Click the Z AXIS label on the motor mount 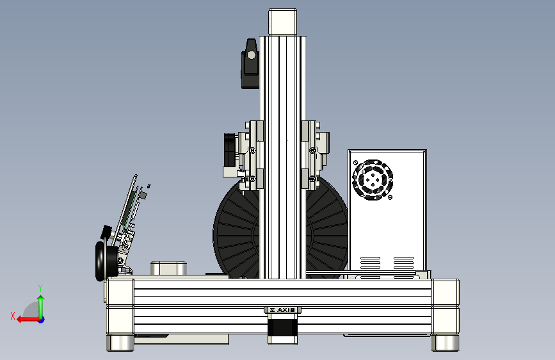(282, 310)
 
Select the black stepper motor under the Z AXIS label (282, 329)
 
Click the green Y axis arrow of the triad (41, 306)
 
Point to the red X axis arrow (28, 320)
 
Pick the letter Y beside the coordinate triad (40, 288)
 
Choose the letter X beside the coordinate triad (13, 316)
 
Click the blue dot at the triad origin (42, 320)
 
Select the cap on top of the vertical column (282, 22)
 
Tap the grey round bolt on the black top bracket (251, 55)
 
